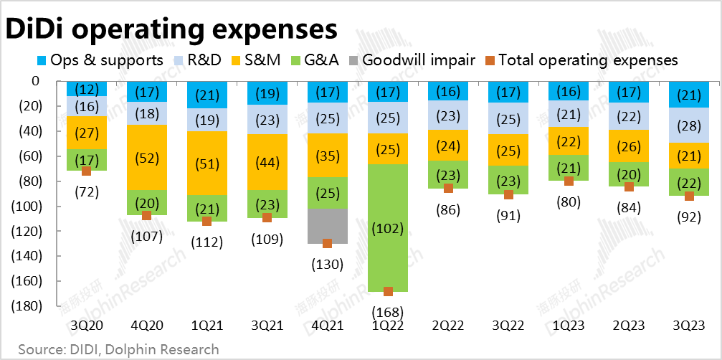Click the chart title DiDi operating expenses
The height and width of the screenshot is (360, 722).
click(x=172, y=29)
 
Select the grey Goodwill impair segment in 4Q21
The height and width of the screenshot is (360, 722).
click(x=327, y=225)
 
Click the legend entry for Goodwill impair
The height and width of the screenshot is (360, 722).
click(x=412, y=60)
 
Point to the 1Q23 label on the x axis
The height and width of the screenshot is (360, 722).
click(x=568, y=326)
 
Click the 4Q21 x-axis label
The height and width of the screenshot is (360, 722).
click(x=327, y=326)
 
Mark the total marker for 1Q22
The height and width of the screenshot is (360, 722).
click(x=388, y=291)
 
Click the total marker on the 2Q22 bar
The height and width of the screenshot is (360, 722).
click(x=448, y=188)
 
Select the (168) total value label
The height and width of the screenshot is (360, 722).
click(x=388, y=312)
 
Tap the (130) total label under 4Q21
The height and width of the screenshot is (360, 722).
click(x=328, y=264)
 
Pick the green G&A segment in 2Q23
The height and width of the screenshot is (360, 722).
click(x=629, y=174)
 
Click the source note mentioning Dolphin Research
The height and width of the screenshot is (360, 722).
click(x=119, y=349)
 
